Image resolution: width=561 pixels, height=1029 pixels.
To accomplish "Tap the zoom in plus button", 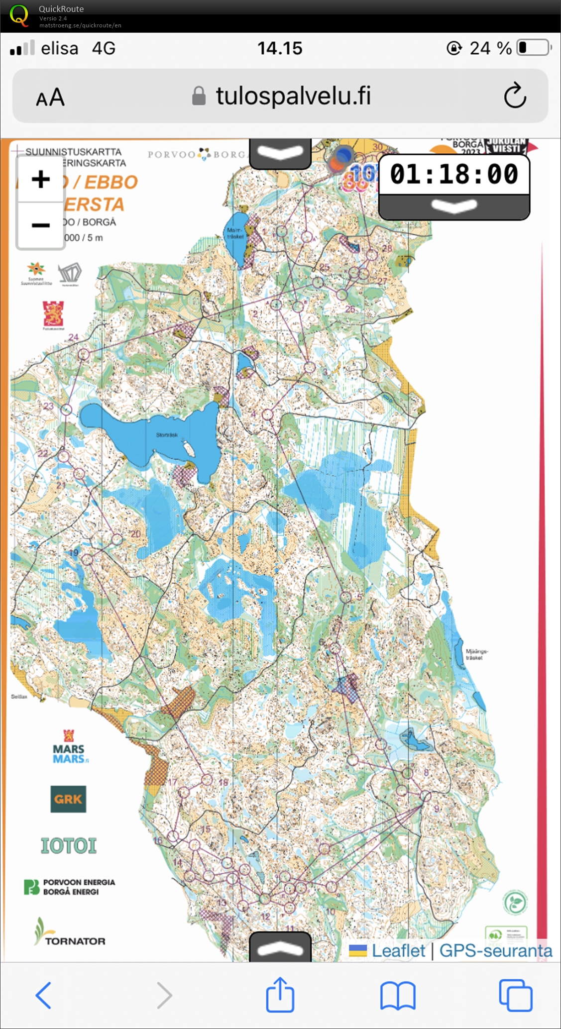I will click(41, 179).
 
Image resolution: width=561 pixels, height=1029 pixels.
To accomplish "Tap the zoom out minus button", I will click(41, 225).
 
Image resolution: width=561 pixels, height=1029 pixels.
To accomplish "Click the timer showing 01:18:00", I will click(453, 174).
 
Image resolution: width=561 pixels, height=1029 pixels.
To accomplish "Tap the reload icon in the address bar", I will click(515, 96).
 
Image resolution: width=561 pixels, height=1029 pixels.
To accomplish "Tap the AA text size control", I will click(50, 97).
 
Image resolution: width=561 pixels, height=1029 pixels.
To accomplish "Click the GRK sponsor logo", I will click(68, 799).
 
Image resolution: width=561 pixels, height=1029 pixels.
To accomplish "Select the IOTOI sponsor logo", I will click(68, 845).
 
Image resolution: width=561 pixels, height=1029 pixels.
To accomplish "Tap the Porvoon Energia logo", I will click(70, 887).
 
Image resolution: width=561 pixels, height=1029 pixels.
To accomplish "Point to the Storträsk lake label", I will click(167, 435).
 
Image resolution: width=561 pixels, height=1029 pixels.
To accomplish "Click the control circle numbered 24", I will click(84, 354).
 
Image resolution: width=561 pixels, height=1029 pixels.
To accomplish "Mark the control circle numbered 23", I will click(67, 410).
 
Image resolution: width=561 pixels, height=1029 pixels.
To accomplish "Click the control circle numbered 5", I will click(345, 596).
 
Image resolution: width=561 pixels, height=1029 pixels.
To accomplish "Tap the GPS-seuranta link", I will click(495, 950).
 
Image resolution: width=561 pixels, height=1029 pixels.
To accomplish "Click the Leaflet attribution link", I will click(398, 950).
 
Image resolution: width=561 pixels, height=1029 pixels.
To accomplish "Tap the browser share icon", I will click(280, 995).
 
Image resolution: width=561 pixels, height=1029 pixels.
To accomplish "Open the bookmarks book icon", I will click(398, 996).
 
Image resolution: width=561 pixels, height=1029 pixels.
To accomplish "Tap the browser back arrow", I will click(44, 995).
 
